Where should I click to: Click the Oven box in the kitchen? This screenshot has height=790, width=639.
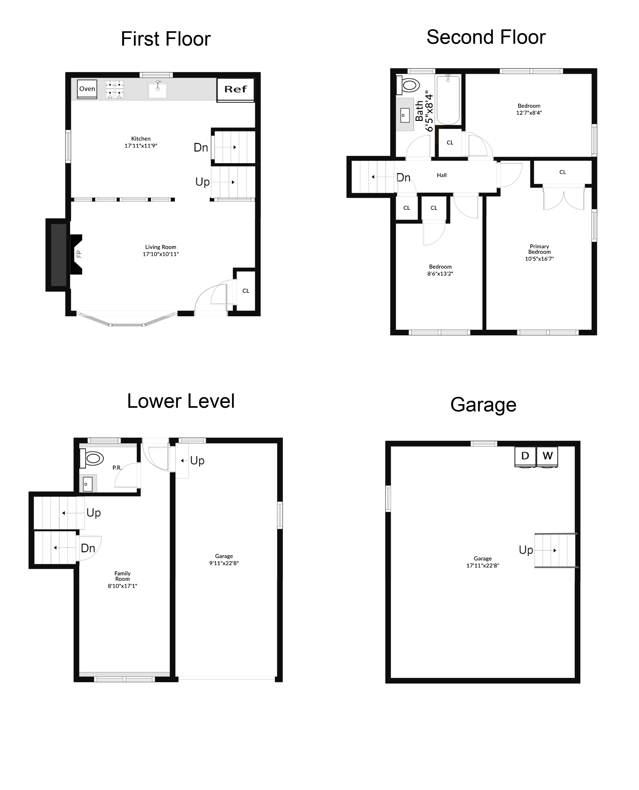pyautogui.click(x=87, y=89)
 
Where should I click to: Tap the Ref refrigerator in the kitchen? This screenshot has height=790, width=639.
pyautogui.click(x=236, y=89)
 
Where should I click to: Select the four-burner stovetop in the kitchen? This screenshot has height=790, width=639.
pyautogui.click(x=115, y=89)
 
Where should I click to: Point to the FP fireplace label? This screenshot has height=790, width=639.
pyautogui.click(x=79, y=254)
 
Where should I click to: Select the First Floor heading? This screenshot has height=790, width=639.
pyautogui.click(x=166, y=39)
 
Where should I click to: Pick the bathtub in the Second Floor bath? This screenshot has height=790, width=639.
pyautogui.click(x=448, y=100)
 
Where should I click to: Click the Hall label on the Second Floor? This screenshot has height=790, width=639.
pyautogui.click(x=442, y=175)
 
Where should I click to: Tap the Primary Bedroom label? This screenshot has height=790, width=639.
pyautogui.click(x=539, y=249)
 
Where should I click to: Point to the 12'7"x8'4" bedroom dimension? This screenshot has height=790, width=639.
pyautogui.click(x=529, y=113)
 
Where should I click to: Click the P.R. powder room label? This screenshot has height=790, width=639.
pyautogui.click(x=117, y=468)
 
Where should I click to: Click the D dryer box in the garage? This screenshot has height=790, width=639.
pyautogui.click(x=525, y=456)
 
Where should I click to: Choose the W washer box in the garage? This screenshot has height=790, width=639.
pyautogui.click(x=547, y=456)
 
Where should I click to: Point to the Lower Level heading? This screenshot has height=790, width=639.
pyautogui.click(x=181, y=401)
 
